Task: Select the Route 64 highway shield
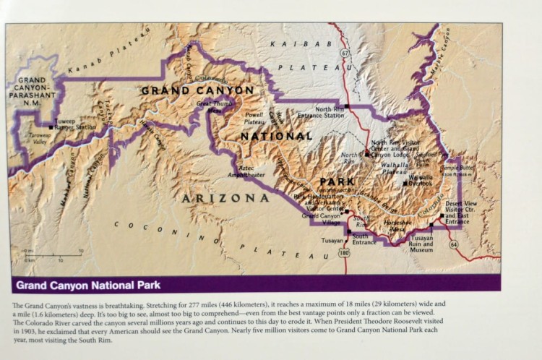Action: coord(453,245)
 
